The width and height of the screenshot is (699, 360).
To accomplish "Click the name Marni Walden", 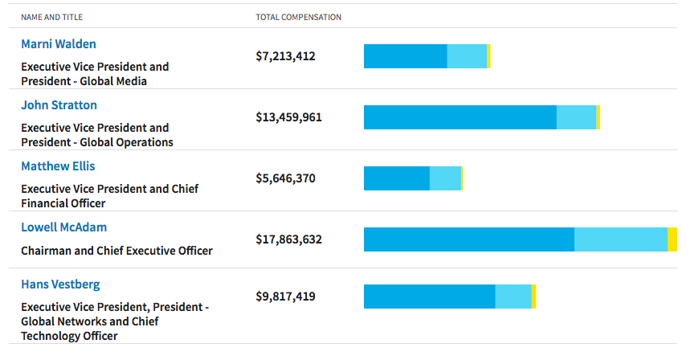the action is [59, 44].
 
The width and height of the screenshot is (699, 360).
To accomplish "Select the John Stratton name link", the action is [59, 105].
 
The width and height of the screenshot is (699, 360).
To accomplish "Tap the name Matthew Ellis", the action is [58, 166].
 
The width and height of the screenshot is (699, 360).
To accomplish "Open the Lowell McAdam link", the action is [63, 227].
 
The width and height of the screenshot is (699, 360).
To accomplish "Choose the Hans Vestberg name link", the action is [60, 284].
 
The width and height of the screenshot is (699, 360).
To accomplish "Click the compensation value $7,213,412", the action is [285, 56].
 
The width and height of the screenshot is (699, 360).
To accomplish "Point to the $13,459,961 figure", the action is [288, 117].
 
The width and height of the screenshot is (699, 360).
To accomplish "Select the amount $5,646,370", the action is [285, 178].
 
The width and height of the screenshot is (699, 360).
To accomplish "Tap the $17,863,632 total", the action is [288, 239].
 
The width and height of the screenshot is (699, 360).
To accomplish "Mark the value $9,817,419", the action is [285, 297].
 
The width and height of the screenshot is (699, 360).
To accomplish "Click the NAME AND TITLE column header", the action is [51, 18].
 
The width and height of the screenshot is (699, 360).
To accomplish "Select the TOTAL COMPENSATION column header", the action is [298, 18].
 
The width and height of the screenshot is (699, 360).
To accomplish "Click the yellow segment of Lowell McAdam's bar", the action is [672, 239].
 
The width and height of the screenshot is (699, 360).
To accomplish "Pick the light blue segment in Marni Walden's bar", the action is [467, 56].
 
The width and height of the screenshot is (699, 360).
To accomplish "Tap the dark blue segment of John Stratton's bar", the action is [460, 117].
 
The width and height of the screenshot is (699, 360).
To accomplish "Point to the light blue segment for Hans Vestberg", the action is [513, 297].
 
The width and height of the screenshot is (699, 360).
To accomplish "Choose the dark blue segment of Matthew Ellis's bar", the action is [397, 178].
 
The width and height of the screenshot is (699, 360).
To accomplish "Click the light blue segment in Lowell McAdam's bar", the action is [621, 239].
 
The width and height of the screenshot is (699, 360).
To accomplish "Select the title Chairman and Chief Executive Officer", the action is [117, 251].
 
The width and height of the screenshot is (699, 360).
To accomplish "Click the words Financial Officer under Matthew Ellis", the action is [63, 203].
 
